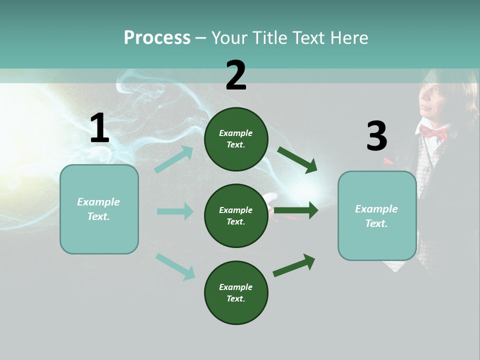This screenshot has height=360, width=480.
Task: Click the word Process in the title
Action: pyautogui.click(x=157, y=37)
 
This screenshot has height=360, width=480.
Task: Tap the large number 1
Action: pyautogui.click(x=99, y=128)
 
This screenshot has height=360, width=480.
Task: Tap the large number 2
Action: pyautogui.click(x=236, y=75)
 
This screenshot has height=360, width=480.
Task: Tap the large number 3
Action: pyautogui.click(x=376, y=136)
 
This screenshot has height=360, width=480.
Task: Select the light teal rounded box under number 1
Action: pyautogui.click(x=99, y=209)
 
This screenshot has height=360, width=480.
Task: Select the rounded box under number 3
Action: pyautogui.click(x=377, y=216)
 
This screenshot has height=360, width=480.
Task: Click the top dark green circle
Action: pyautogui.click(x=236, y=139)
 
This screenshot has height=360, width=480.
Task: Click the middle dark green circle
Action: pyautogui.click(x=236, y=215)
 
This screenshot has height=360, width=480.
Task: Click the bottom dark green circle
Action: pyautogui.click(x=236, y=292)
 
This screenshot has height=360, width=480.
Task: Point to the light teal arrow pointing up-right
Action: pyautogui.click(x=174, y=159)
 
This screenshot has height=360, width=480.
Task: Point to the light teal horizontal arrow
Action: pyautogui.click(x=175, y=211)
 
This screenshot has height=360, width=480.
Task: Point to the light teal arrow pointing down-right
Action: pyautogui.click(x=175, y=266)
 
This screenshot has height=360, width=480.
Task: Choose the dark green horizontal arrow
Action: pyautogui.click(x=296, y=210)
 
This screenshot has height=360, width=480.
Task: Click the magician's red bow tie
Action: pyautogui.click(x=433, y=132)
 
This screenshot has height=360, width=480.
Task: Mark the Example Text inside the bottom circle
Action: pyautogui.click(x=236, y=292)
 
